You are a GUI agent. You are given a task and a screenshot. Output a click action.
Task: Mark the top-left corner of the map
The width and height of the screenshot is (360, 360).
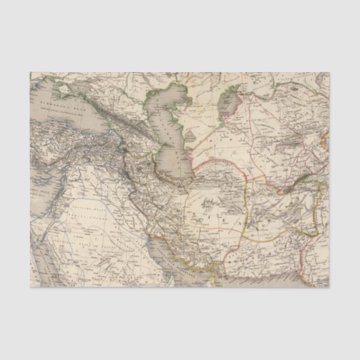(30, 72)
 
